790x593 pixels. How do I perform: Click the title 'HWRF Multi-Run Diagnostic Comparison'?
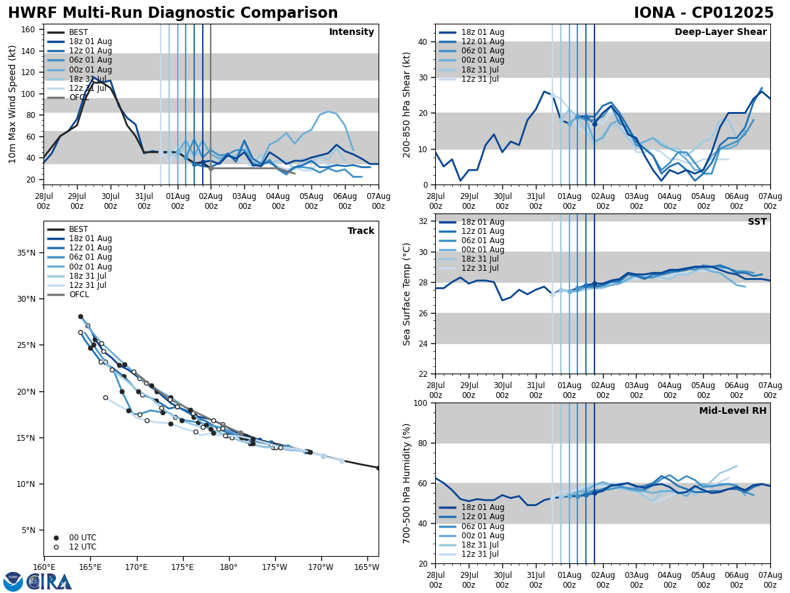click(172, 13)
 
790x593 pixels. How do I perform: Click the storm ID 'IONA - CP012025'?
click(703, 13)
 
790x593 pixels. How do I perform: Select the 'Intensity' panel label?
click(351, 32)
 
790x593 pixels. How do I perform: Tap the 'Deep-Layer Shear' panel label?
click(720, 32)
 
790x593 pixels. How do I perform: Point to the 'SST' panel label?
click(756, 222)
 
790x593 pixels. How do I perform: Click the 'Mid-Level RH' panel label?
click(733, 411)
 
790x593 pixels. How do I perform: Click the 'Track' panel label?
click(361, 231)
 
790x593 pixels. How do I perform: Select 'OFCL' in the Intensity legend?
click(80, 98)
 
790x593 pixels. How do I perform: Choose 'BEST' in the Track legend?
click(78, 229)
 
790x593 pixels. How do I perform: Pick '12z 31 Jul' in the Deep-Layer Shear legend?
click(481, 79)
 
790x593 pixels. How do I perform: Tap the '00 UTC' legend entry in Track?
click(82, 538)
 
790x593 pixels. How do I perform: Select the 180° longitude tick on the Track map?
click(228, 567)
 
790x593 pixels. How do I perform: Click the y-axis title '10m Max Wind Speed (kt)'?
click(13, 104)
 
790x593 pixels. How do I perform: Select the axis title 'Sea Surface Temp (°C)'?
click(407, 294)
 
